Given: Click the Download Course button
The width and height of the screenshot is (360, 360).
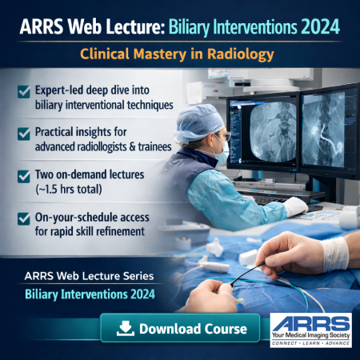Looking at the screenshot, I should click(179, 328).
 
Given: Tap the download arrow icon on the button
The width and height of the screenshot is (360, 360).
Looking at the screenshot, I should click(126, 328).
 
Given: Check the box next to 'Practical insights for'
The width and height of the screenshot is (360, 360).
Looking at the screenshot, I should click(24, 131).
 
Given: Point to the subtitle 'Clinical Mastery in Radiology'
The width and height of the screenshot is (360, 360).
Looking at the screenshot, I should click(179, 55).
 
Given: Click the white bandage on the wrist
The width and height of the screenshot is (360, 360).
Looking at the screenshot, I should click(334, 254).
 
